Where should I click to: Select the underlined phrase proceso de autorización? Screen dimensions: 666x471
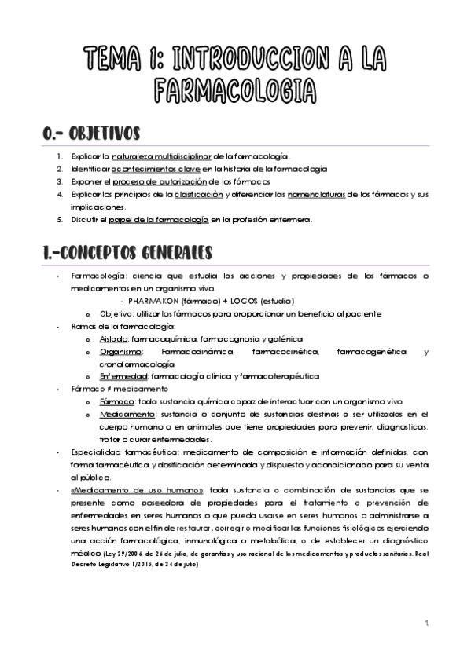(x=157, y=181)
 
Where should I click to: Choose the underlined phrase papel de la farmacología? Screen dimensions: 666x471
(x=169, y=219)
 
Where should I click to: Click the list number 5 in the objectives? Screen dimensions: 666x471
(x=60, y=219)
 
